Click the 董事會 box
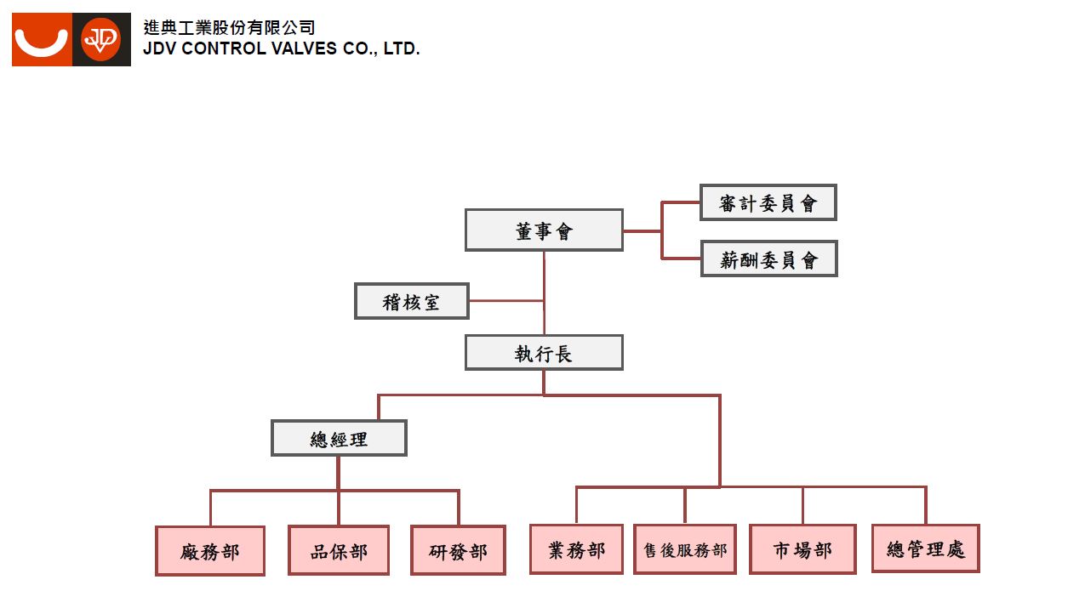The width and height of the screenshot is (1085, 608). pyautogui.click(x=544, y=230)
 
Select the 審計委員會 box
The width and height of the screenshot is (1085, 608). pyautogui.click(x=768, y=202)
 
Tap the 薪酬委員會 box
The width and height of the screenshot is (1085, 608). pyautogui.click(x=768, y=259)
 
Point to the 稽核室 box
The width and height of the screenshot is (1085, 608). pyautogui.click(x=411, y=301)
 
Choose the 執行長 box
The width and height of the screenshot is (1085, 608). pyautogui.click(x=544, y=353)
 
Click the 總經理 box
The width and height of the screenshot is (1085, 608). pyautogui.click(x=339, y=438)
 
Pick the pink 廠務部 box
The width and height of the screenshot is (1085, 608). pyautogui.click(x=210, y=551)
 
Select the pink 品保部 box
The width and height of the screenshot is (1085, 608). pyautogui.click(x=339, y=550)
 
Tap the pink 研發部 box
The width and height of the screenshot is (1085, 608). pyautogui.click(x=458, y=550)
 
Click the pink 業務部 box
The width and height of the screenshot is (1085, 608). pyautogui.click(x=576, y=549)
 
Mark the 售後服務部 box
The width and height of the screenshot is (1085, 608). pyautogui.click(x=685, y=549)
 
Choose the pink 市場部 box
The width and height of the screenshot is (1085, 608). pyautogui.click(x=802, y=549)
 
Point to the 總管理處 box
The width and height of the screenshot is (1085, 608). pyautogui.click(x=926, y=548)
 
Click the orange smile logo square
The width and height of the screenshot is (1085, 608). pyautogui.click(x=42, y=39)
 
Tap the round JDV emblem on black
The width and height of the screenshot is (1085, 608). pyautogui.click(x=101, y=39)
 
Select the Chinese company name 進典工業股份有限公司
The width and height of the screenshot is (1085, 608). pyautogui.click(x=229, y=28)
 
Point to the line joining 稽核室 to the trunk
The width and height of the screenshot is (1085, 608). pyautogui.click(x=505, y=300)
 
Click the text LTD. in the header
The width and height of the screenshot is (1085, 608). pyautogui.click(x=402, y=49)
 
